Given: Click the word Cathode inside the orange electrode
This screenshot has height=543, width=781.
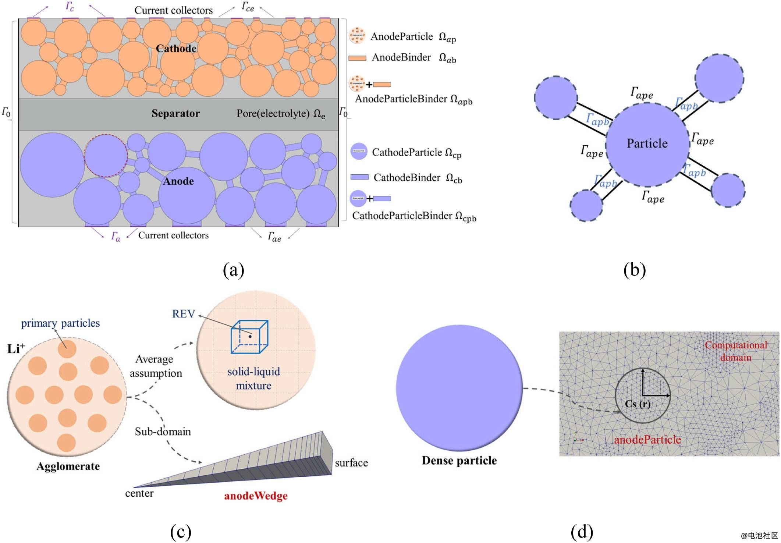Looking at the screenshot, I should pos(176,49).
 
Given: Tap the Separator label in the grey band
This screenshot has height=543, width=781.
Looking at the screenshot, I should pos(175,113).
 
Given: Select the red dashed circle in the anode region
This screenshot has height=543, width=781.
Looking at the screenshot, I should pos(106,156).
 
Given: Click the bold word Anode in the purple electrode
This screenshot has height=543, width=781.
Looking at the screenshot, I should pos(178,181).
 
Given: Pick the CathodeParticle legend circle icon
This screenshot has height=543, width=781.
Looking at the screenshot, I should pos(359,151).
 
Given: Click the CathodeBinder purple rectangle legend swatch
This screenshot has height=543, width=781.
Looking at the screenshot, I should pos(359,177).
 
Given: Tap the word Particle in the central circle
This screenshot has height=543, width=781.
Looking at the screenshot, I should pos(647,143).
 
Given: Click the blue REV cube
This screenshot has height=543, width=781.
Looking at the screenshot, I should pos(249,337).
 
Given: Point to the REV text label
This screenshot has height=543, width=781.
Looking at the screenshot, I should pos(184,314).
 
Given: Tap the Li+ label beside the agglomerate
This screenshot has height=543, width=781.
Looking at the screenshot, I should pos(16,348).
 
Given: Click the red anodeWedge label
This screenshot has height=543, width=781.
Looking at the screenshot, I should pos(256,496).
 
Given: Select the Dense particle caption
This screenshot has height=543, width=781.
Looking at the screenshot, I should pos(459,461).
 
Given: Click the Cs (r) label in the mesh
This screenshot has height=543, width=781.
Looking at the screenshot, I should pos(638,404).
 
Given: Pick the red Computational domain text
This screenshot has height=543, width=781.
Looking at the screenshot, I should pos(736,351).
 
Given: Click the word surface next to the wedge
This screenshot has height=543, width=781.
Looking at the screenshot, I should pos(351,463).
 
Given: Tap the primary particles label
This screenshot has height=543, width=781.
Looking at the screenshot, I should pos(60,323).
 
